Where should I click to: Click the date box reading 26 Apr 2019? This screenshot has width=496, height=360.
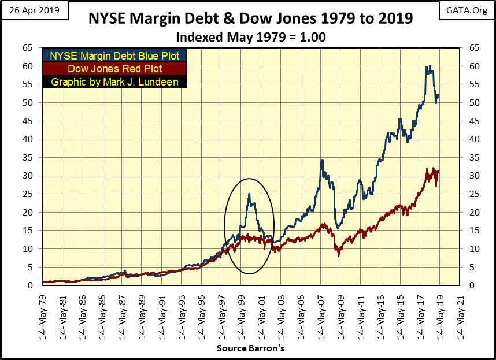[32, 10]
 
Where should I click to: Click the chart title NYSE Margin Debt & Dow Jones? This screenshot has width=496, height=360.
[250, 18]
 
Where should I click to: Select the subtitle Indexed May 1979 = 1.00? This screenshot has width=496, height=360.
[250, 36]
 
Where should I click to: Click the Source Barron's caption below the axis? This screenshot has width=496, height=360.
[250, 348]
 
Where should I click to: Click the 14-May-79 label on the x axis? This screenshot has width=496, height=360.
[43, 315]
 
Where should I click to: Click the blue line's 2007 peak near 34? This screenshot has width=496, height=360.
[321, 160]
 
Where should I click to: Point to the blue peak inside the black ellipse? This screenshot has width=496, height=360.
[249, 194]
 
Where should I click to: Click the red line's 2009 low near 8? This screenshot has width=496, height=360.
[339, 255]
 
